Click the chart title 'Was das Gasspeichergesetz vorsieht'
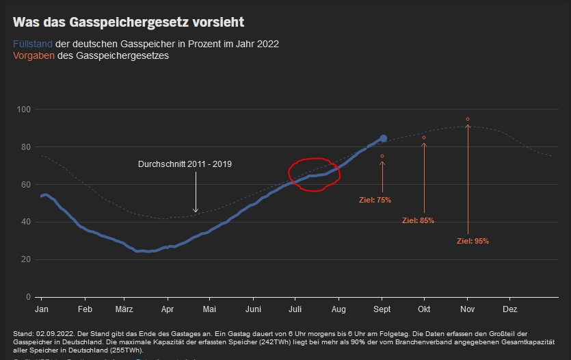(129, 23)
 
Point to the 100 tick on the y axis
(25, 110)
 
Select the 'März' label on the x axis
(124, 309)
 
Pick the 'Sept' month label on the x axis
(382, 309)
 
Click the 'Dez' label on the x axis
(510, 309)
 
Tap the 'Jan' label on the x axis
(42, 309)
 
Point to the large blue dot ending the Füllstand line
(383, 138)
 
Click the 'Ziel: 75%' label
(375, 200)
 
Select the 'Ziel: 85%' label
(418, 220)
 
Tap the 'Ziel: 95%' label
(473, 241)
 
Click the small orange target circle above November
(468, 119)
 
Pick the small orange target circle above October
(424, 138)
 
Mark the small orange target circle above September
(382, 156)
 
